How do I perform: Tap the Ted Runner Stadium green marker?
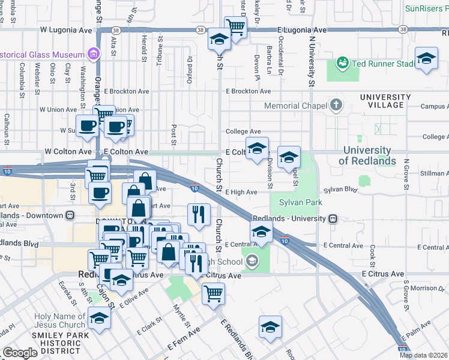(343, 62)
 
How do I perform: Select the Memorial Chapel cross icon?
(336, 106)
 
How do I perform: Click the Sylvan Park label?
(297, 202)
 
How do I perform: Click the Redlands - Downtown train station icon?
(70, 215)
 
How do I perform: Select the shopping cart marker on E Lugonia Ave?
(235, 26)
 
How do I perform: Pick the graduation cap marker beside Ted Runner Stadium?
(426, 58)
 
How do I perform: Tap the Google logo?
(20, 353)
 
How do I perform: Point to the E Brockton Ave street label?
(248, 91)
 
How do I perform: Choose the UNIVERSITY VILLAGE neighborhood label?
(382, 101)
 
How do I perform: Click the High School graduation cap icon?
(252, 260)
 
